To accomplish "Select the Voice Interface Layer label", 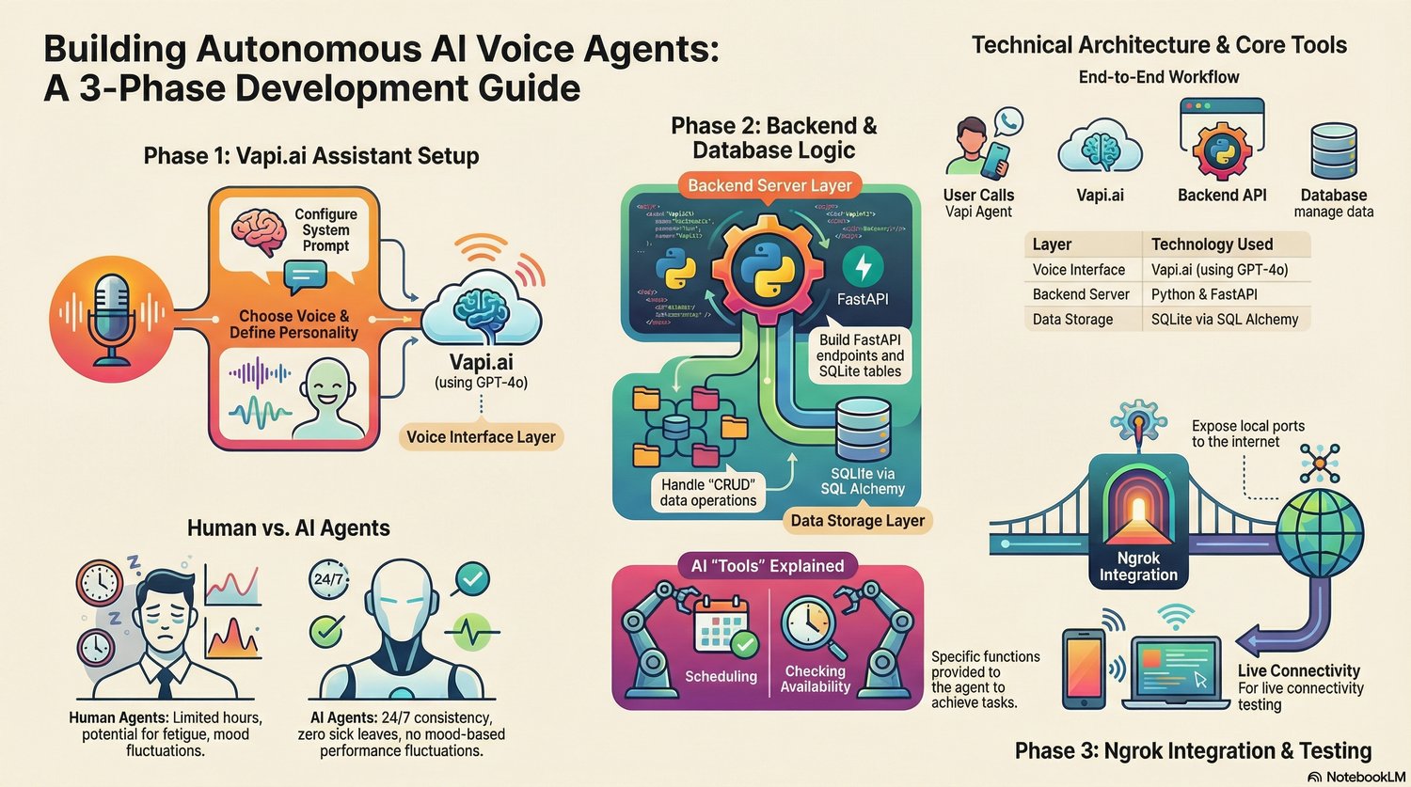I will click(x=481, y=436).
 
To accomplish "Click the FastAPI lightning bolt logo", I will click(x=862, y=268).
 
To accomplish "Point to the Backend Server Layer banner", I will click(x=769, y=185).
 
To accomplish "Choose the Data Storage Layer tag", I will click(x=857, y=520).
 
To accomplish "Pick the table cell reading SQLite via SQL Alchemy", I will click(x=1224, y=320).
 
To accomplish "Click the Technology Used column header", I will click(x=1212, y=244).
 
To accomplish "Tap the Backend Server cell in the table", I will click(x=1081, y=294).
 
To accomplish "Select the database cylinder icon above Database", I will click(x=1332, y=153).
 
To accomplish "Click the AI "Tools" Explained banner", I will click(x=767, y=566).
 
